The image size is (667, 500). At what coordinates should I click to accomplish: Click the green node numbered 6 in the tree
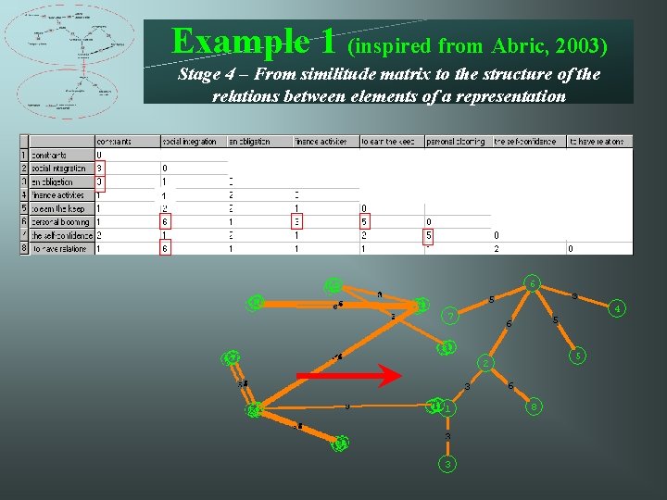pos(532,282)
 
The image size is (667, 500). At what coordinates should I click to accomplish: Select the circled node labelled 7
pos(449,318)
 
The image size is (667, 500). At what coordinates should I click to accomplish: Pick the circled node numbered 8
pos(532,405)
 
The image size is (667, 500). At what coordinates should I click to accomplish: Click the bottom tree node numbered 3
pos(447,464)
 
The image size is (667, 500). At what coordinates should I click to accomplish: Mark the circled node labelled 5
pos(577,355)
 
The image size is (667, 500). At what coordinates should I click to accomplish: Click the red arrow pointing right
pos(349,376)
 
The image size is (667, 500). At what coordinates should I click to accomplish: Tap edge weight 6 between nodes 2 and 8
pos(510,385)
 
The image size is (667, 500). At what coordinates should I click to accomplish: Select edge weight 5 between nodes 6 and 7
pos(490,299)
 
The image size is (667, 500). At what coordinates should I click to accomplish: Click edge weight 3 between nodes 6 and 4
pos(575,296)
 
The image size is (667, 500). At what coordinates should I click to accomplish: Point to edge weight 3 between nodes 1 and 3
pos(447,436)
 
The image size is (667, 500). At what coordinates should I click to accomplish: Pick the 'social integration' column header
pos(189,142)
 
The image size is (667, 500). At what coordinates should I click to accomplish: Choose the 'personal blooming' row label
pos(60,222)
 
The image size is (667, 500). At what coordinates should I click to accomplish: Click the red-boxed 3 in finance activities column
pos(296,222)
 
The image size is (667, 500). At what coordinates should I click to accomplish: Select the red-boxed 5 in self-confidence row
pos(429,236)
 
